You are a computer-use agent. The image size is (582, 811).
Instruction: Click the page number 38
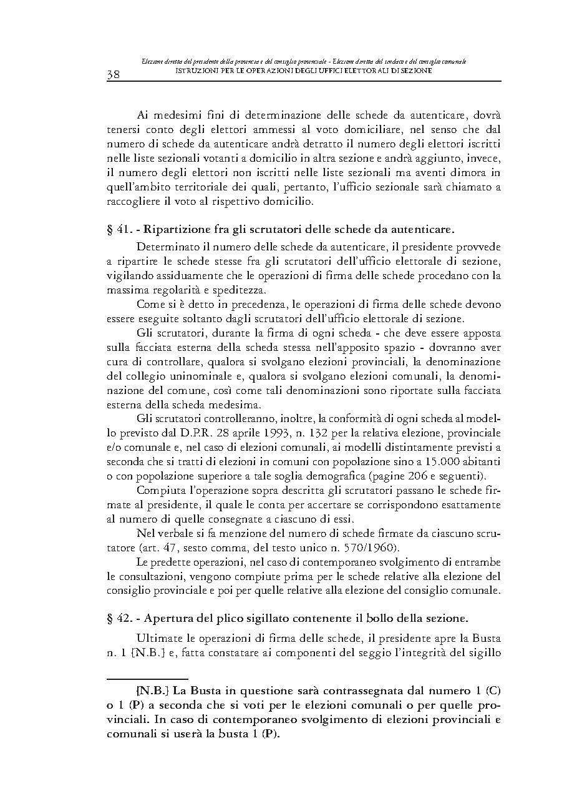pyautogui.click(x=114, y=75)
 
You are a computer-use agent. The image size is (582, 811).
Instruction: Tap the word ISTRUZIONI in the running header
pyautogui.click(x=195, y=71)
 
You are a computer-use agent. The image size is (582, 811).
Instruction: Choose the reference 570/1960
pyautogui.click(x=368, y=548)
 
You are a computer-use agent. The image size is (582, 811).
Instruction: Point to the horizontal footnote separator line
pyautogui.click(x=147, y=679)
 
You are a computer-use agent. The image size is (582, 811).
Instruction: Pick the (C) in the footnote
pyautogui.click(x=493, y=691)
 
